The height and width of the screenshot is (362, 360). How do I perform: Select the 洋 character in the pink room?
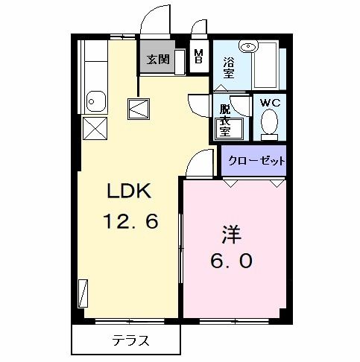230,236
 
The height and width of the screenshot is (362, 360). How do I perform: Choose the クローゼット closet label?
255,160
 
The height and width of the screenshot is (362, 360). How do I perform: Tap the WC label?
269,103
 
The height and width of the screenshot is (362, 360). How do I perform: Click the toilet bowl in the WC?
270,124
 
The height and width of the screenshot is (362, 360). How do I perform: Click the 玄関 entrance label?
157,59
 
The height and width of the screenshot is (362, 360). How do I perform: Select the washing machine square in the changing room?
224,131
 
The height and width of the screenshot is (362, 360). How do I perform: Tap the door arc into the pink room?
198,162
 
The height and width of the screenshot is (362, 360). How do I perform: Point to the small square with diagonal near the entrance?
139,110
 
